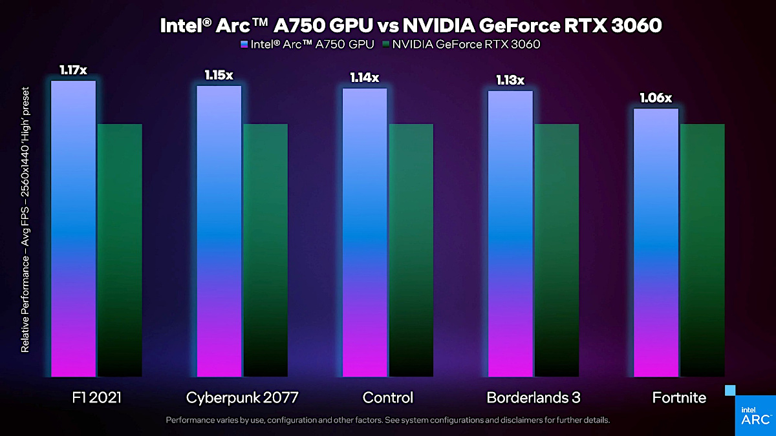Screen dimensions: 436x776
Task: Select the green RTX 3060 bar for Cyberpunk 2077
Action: pyautogui.click(x=265, y=249)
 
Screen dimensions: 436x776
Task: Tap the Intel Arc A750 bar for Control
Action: pyautogui.click(x=365, y=232)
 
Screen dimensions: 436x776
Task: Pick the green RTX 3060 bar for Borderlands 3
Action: pyautogui.click(x=556, y=249)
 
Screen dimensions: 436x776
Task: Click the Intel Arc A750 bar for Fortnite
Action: pyautogui.click(x=656, y=242)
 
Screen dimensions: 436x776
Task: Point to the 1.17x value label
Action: pyautogui.click(x=73, y=70)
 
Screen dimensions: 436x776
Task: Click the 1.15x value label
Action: pyautogui.click(x=219, y=75)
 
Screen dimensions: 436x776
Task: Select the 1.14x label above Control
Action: pyautogui.click(x=365, y=78)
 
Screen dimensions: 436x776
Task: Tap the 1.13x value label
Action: pyautogui.click(x=510, y=80)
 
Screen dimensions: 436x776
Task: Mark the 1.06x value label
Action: pyautogui.click(x=656, y=98)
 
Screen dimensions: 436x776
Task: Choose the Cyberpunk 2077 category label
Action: pyautogui.click(x=242, y=397)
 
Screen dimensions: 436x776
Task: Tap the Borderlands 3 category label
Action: pyautogui.click(x=533, y=397)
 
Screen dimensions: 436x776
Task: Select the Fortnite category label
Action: pyautogui.click(x=678, y=397)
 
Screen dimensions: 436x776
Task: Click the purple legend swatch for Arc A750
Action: pyautogui.click(x=243, y=45)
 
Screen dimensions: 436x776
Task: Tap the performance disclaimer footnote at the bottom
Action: pyautogui.click(x=387, y=420)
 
